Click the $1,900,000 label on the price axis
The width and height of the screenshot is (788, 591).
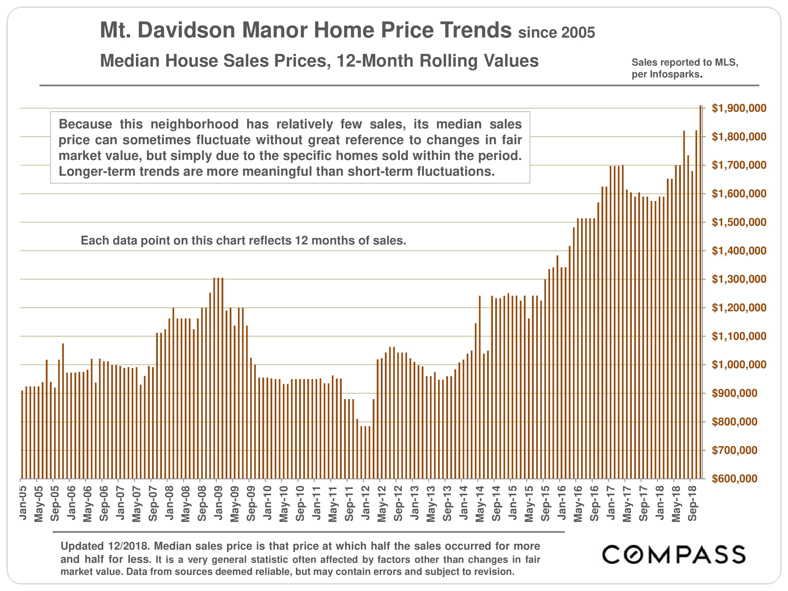(x=739, y=108)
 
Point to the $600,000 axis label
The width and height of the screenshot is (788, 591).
(x=734, y=479)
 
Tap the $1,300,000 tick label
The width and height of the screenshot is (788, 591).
(x=739, y=279)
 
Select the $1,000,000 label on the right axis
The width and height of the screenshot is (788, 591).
(x=739, y=365)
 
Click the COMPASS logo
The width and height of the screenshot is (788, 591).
(x=673, y=554)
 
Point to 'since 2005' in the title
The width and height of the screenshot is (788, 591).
(x=556, y=32)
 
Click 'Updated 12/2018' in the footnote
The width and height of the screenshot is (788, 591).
(x=105, y=546)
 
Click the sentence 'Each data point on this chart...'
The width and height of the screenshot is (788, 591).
(x=243, y=240)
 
